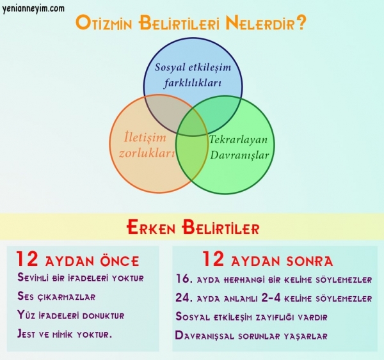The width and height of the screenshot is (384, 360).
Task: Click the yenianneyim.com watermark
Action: pyautogui.click(x=33, y=9)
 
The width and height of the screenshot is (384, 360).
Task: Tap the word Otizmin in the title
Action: pyautogui.click(x=104, y=23)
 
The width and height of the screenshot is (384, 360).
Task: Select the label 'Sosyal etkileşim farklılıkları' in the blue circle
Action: pyautogui.click(x=193, y=75)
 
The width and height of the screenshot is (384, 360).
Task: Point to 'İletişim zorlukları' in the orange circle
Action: pyautogui.click(x=147, y=145)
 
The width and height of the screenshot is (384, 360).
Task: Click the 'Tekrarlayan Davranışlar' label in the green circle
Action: pyautogui.click(x=239, y=147)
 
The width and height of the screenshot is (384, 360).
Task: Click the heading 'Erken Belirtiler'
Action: pyautogui.click(x=193, y=228)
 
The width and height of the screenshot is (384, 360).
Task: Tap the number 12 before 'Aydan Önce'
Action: pyautogui.click(x=27, y=259)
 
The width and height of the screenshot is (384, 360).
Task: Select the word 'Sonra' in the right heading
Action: pyautogui.click(x=310, y=261)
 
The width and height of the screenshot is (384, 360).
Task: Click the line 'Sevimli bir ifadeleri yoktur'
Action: pyautogui.click(x=81, y=278)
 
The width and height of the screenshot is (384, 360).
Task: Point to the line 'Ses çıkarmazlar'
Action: pyautogui.click(x=56, y=296)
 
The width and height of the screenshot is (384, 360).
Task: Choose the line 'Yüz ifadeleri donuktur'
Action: pyautogui.click(x=71, y=315)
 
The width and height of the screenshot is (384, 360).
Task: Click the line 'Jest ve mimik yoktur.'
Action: pyautogui.click(x=65, y=334)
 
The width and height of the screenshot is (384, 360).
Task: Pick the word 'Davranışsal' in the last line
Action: pyautogui.click(x=205, y=335)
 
